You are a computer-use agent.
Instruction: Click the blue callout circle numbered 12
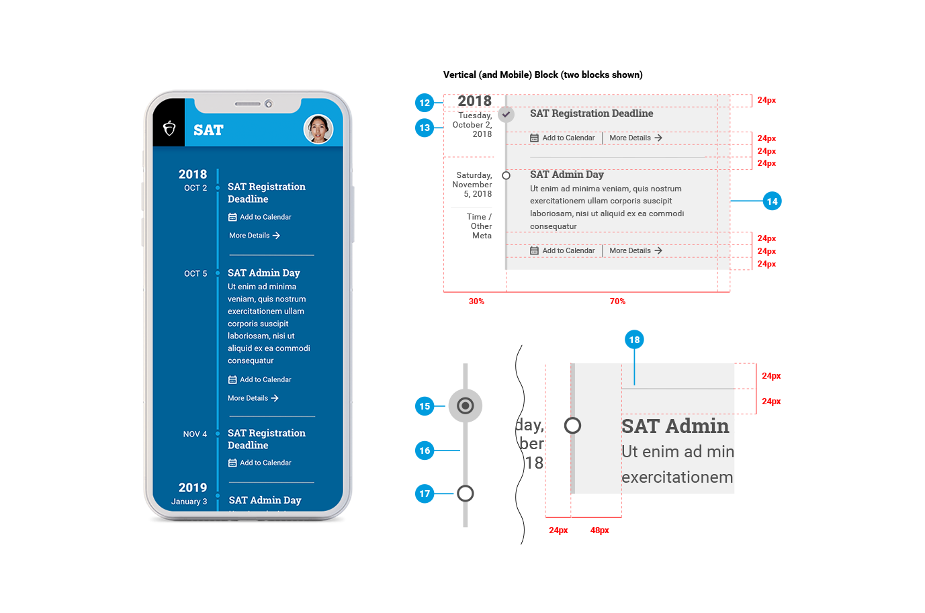(x=425, y=103)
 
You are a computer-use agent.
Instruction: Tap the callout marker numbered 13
(x=425, y=128)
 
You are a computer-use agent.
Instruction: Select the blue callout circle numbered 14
(x=773, y=201)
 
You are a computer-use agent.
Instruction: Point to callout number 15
(x=425, y=406)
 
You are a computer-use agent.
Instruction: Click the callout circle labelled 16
(x=425, y=451)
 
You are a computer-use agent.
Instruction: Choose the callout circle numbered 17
(x=425, y=493)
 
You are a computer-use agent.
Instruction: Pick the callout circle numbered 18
(x=634, y=340)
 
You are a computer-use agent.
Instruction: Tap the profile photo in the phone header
(x=318, y=129)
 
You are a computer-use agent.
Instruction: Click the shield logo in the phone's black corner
(x=169, y=128)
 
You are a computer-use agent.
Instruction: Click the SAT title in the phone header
(x=208, y=130)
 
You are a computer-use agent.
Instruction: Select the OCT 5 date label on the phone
(x=195, y=274)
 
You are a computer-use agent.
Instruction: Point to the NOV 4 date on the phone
(x=195, y=434)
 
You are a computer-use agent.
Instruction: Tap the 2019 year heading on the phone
(x=193, y=487)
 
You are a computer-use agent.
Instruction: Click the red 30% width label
(x=476, y=301)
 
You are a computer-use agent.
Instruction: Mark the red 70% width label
(x=617, y=301)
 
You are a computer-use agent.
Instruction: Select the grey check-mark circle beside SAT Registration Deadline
(x=506, y=114)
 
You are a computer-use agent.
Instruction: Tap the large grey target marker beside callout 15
(x=466, y=406)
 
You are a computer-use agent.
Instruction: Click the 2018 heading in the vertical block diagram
(x=475, y=101)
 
